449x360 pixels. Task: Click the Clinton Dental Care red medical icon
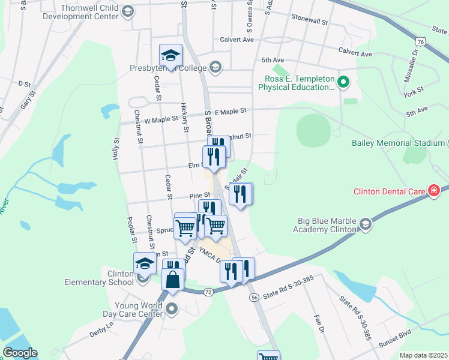[434, 191]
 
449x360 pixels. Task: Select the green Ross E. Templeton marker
[343, 82]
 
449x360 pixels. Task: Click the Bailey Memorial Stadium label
[398, 143]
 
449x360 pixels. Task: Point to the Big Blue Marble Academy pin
[365, 224]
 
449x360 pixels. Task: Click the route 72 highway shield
[208, 291]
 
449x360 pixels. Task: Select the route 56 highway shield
[255, 297]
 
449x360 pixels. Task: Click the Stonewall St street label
[310, 20]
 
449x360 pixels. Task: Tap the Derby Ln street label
[101, 329]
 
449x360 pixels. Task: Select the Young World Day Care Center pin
[172, 310]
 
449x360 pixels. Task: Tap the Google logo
[20, 353]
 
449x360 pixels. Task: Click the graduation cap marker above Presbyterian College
[171, 56]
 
